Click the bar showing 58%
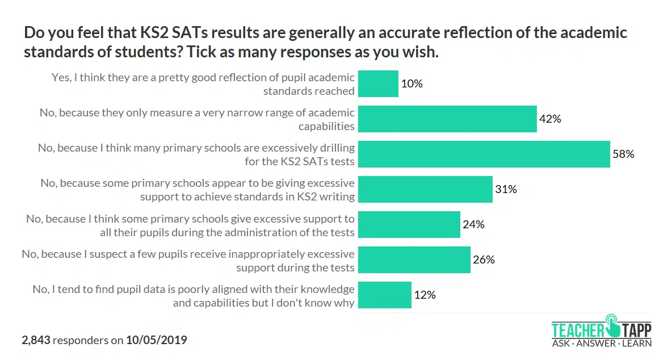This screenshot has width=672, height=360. [x=484, y=154]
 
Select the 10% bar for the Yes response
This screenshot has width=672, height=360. [x=379, y=83]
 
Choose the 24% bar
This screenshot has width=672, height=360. [x=409, y=224]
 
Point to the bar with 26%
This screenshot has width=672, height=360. [x=414, y=259]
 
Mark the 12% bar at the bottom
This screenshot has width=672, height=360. [x=385, y=295]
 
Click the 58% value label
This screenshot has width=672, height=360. [x=623, y=154]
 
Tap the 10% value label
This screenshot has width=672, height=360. [x=412, y=83]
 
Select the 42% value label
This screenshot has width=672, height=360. [x=550, y=119]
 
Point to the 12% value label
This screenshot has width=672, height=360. [x=425, y=295]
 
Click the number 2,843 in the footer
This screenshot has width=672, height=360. [x=36, y=341]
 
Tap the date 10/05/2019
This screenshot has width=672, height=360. [x=156, y=341]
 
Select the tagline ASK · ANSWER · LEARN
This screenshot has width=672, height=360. [x=602, y=343]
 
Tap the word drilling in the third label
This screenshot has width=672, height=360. [x=334, y=148]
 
